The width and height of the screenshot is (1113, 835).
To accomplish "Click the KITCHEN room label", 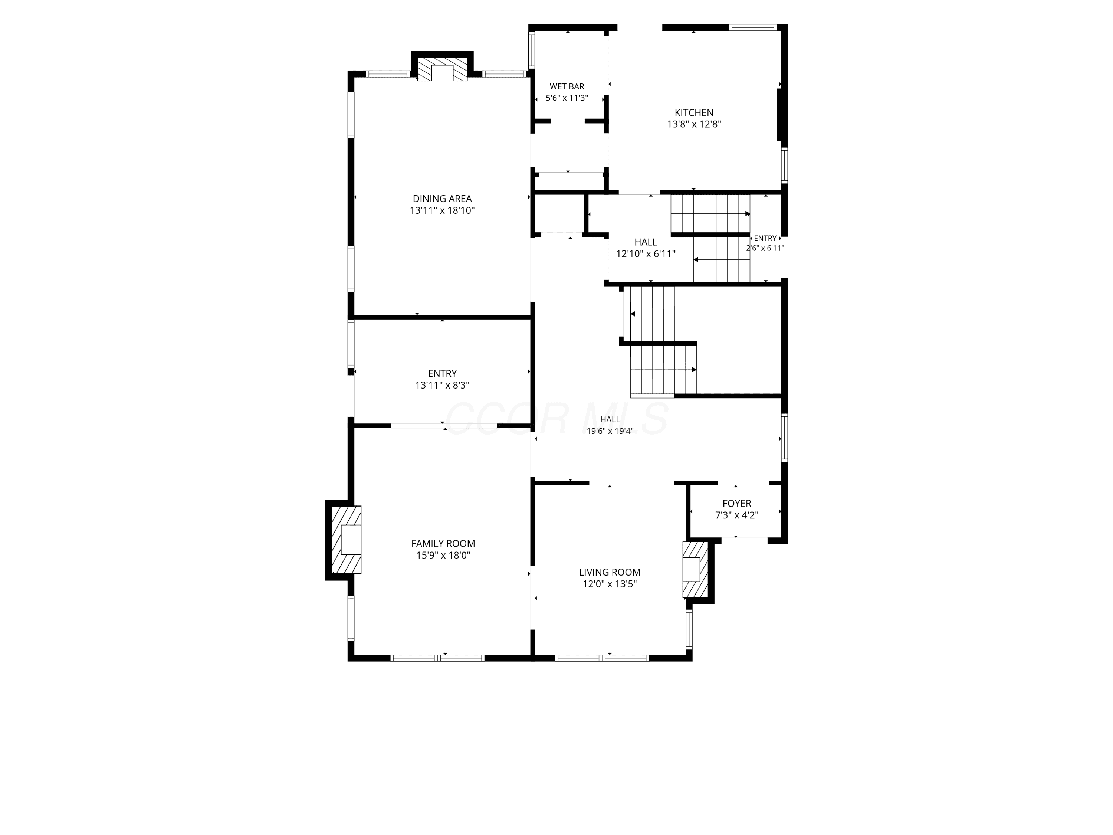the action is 694,113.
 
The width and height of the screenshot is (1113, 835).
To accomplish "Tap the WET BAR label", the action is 567,86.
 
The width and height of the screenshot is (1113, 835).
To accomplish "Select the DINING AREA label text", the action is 442,199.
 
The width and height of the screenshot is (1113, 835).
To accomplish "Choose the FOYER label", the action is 737,503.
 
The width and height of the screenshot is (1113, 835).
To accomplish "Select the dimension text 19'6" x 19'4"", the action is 610,431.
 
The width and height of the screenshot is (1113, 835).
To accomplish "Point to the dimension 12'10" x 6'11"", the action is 646,254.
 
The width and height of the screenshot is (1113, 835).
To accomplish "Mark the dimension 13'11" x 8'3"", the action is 442,386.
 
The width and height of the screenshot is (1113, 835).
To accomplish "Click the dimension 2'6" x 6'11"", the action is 765,248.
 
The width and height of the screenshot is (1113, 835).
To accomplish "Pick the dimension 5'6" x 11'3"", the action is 567,98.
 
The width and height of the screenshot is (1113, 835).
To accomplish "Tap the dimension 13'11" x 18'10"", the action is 442,210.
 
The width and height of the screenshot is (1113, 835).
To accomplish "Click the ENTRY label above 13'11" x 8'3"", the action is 442,373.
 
